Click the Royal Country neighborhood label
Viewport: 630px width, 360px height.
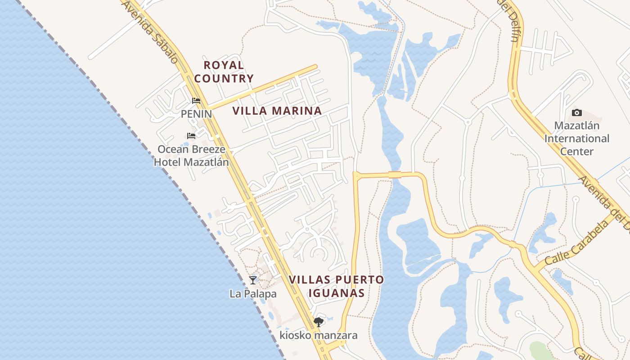(x=224, y=72)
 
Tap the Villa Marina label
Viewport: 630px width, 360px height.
(x=277, y=111)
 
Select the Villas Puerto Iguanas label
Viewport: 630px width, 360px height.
(x=336, y=286)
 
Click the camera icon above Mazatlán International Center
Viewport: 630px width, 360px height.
(x=576, y=112)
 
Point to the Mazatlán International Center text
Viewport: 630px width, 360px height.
(x=576, y=138)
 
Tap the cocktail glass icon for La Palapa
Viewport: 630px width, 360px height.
(x=253, y=280)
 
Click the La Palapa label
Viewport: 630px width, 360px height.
(x=253, y=294)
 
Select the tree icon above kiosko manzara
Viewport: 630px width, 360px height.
(x=318, y=322)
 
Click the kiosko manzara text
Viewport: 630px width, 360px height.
(x=318, y=335)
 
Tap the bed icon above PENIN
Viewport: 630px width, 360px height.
(x=196, y=101)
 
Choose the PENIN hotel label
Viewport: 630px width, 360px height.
(x=196, y=114)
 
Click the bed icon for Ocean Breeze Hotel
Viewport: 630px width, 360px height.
(x=191, y=135)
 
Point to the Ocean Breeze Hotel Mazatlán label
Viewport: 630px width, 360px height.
(x=191, y=155)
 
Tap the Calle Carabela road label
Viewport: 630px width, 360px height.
(x=576, y=242)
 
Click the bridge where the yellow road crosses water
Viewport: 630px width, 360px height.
(x=395, y=175)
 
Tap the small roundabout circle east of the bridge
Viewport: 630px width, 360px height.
(x=468, y=122)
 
